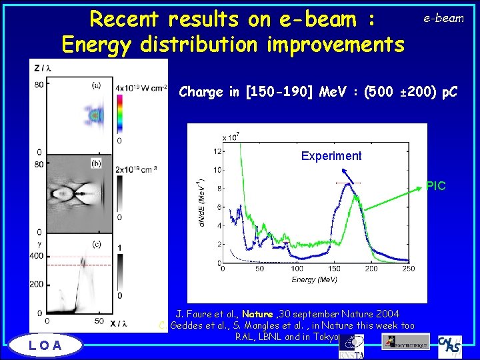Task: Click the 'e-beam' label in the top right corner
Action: coord(443,19)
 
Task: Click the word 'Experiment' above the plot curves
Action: coord(331,156)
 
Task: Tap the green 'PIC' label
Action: coord(436,186)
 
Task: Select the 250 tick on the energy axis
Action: coord(409,269)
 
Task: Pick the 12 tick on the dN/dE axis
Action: coord(217,151)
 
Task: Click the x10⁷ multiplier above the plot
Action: coord(231,137)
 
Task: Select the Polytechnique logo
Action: coord(405,342)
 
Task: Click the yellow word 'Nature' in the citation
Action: coord(257,314)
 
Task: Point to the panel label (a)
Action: coord(96,85)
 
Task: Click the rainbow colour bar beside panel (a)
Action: coord(119,114)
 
